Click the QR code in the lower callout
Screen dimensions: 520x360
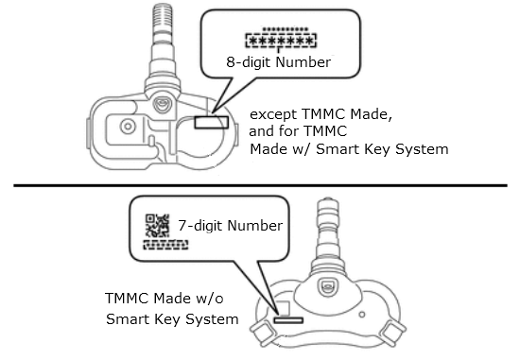(157, 226)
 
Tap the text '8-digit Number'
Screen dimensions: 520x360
(279, 62)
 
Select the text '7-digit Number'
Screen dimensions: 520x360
(230, 226)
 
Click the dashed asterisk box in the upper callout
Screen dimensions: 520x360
(281, 41)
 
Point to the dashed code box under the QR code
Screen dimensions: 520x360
(165, 245)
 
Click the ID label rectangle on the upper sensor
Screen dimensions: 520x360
(211, 122)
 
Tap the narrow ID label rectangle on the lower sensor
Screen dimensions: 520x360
(288, 320)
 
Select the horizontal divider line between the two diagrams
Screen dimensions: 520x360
(260, 185)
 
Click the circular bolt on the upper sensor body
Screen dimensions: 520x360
(128, 127)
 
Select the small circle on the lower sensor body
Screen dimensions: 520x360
(362, 315)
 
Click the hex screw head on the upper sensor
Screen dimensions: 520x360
(163, 104)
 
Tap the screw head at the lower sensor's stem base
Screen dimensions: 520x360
(328, 287)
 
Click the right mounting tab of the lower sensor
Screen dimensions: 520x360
(392, 331)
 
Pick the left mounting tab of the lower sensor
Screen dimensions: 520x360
(262, 331)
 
